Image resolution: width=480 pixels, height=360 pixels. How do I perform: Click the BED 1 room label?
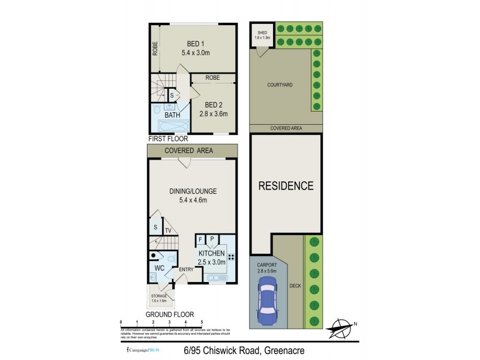click(x=193, y=44)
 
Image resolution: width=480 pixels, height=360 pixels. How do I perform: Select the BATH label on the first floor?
click(x=172, y=115)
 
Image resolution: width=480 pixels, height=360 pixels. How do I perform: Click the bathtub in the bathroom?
click(x=170, y=126)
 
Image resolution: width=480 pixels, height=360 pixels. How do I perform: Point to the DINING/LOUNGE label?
click(x=193, y=191)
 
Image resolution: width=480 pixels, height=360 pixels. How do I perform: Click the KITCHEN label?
click(x=212, y=253)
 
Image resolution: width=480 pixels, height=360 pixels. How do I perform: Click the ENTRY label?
click(x=186, y=270)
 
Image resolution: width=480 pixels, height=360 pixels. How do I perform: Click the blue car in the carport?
click(x=267, y=304)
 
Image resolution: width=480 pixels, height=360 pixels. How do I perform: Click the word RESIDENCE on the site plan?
click(x=286, y=185)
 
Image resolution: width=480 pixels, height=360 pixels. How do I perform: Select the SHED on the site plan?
click(x=262, y=34)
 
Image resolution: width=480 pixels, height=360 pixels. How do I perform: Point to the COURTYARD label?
click(x=280, y=85)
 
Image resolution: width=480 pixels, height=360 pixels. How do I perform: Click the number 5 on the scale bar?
click(x=202, y=322)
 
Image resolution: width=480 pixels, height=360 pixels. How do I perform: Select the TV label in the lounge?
click(x=169, y=230)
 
